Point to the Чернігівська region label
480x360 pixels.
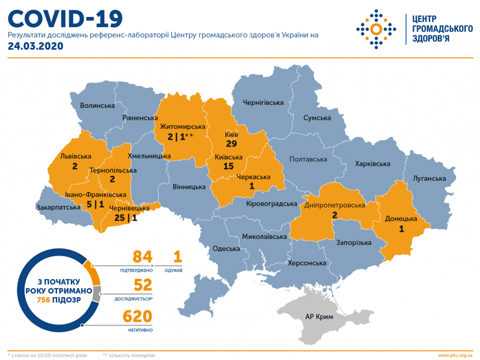tap(263, 102)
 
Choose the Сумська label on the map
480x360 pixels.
tap(317, 118)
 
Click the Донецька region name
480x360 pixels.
tap(402, 219)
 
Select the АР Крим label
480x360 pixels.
tap(319, 317)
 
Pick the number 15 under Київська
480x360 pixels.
tap(228, 167)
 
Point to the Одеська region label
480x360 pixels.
tap(226, 248)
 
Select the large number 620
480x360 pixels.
tap(138, 317)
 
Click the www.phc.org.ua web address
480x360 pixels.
tap(456, 355)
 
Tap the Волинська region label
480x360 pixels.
tap(97, 105)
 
